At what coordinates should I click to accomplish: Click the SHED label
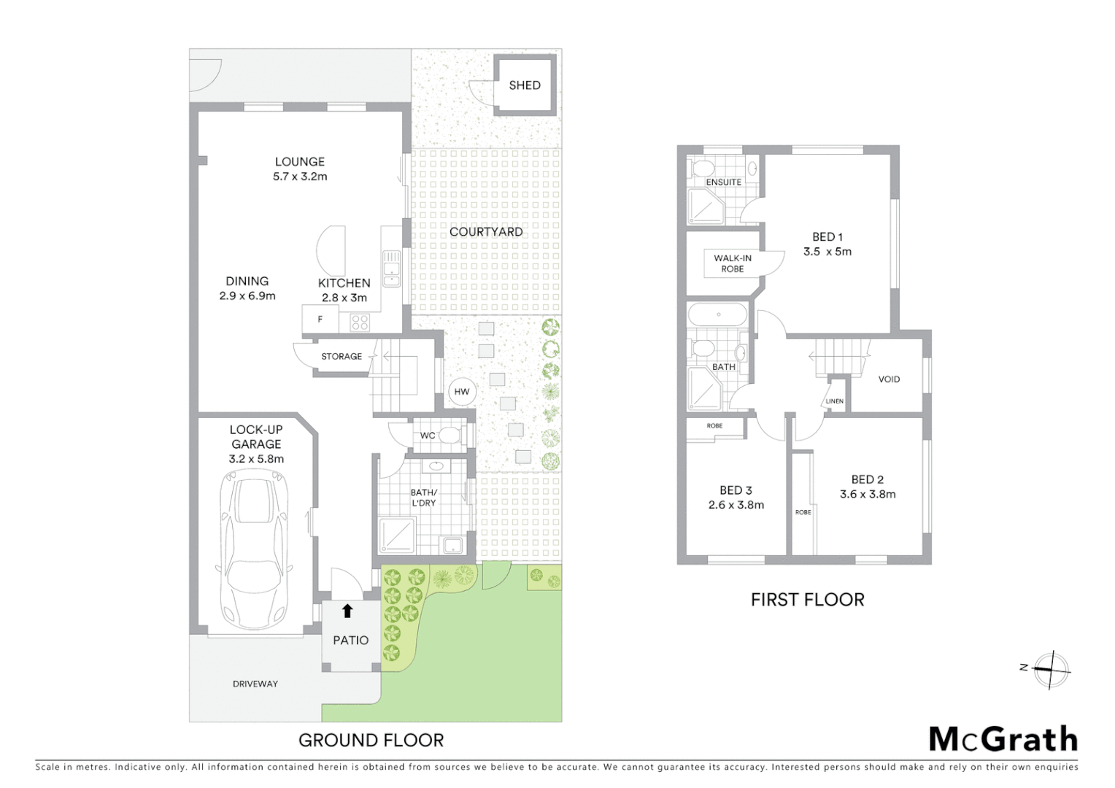click(525, 85)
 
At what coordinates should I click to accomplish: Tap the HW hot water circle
click(462, 392)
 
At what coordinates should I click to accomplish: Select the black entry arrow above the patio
click(347, 611)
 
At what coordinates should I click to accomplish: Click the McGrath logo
click(1003, 739)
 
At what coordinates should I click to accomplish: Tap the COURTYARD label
click(486, 232)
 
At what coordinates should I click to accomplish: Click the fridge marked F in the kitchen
click(320, 320)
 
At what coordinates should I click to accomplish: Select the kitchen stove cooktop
click(359, 321)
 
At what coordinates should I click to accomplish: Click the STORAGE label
click(342, 357)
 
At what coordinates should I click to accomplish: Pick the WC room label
click(428, 436)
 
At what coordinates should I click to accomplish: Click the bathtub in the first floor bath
click(718, 315)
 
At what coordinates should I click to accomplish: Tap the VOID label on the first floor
click(889, 379)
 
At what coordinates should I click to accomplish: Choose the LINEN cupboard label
click(835, 401)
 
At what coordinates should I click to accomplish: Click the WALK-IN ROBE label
click(733, 263)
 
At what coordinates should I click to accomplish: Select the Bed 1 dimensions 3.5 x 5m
click(827, 252)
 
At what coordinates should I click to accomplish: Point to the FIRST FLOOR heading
click(807, 600)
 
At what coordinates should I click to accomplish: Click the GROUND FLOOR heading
click(371, 741)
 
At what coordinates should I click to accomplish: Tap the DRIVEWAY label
click(255, 684)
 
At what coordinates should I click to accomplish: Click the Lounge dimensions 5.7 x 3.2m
click(300, 177)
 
